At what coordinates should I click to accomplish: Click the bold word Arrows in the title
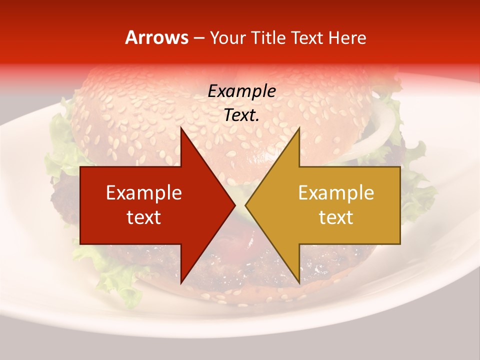point(156,38)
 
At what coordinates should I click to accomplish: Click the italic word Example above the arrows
point(241,91)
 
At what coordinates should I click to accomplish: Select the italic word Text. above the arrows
point(241,115)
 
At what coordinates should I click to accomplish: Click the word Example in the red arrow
point(144,193)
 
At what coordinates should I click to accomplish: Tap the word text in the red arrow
point(144,217)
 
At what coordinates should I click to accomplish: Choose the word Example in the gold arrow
point(336,193)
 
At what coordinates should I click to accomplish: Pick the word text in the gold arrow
point(336,217)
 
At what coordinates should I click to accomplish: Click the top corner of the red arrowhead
point(181,128)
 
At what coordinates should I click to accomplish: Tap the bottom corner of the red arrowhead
point(181,282)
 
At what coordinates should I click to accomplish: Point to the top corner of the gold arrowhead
point(299,128)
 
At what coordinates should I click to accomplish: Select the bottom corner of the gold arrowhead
point(299,282)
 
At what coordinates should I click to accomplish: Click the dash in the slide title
point(198,38)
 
